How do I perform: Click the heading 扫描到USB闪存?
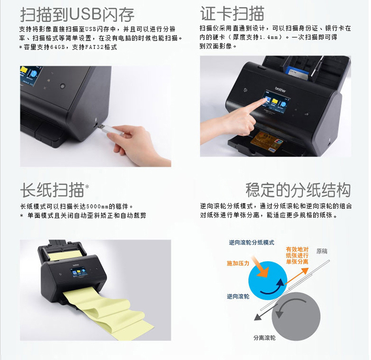[x=77, y=14]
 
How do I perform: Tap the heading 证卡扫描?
[x=232, y=13]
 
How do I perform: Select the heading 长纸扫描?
[x=52, y=190]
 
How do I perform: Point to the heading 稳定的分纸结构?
[x=298, y=190]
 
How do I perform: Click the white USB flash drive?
[x=111, y=129]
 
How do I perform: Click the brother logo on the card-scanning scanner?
[x=280, y=89]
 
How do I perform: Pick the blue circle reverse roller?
[x=268, y=280]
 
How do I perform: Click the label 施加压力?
[x=238, y=263]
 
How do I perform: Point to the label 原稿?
[x=322, y=251]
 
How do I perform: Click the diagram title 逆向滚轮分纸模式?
[x=251, y=242]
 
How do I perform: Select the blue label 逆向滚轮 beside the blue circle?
[x=238, y=296]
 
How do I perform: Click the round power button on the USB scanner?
[x=62, y=86]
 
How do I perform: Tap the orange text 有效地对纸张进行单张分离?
[x=297, y=256]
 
